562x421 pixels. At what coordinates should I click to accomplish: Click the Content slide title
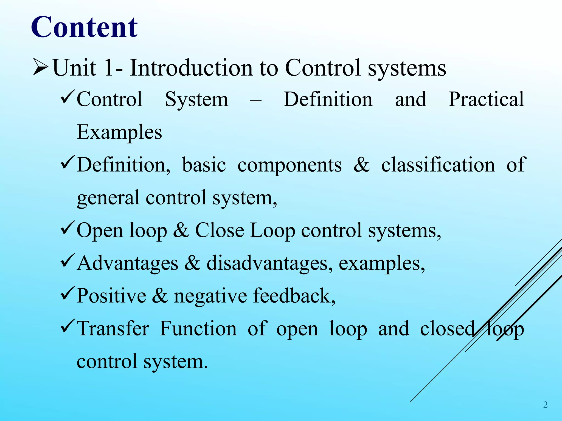tap(84, 27)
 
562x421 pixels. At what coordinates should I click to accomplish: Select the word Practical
tap(486, 99)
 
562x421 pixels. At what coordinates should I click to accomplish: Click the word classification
tap(438, 165)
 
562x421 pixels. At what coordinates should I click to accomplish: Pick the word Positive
tap(111, 296)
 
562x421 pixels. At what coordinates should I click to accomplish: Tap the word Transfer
tap(113, 329)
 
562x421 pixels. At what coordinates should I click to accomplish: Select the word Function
tap(198, 329)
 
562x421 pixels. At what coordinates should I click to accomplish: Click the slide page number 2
tap(545, 405)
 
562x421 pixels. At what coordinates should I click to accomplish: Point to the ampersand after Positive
tap(160, 296)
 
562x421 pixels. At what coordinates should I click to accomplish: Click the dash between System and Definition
tap(255, 101)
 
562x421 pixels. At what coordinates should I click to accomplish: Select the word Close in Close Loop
tap(219, 231)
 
